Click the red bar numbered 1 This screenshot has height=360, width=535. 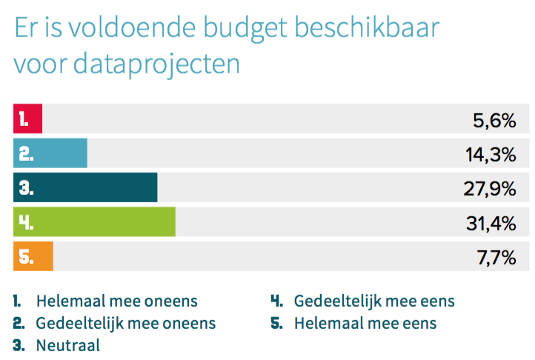pyautogui.click(x=27, y=119)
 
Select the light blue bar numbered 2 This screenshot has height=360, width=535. pyautogui.click(x=50, y=153)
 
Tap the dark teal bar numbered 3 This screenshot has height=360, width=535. pyautogui.click(x=85, y=187)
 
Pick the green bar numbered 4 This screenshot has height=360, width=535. pyautogui.click(x=94, y=222)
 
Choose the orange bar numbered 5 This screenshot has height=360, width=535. pyautogui.click(x=33, y=256)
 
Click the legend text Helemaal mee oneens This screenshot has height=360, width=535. pyautogui.click(x=117, y=301)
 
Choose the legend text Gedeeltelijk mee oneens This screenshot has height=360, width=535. pyautogui.click(x=126, y=323)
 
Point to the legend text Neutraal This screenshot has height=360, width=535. pyautogui.click(x=67, y=344)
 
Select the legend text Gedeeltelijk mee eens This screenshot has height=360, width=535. pyautogui.click(x=374, y=301)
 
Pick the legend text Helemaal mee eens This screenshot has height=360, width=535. pyautogui.click(x=365, y=323)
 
